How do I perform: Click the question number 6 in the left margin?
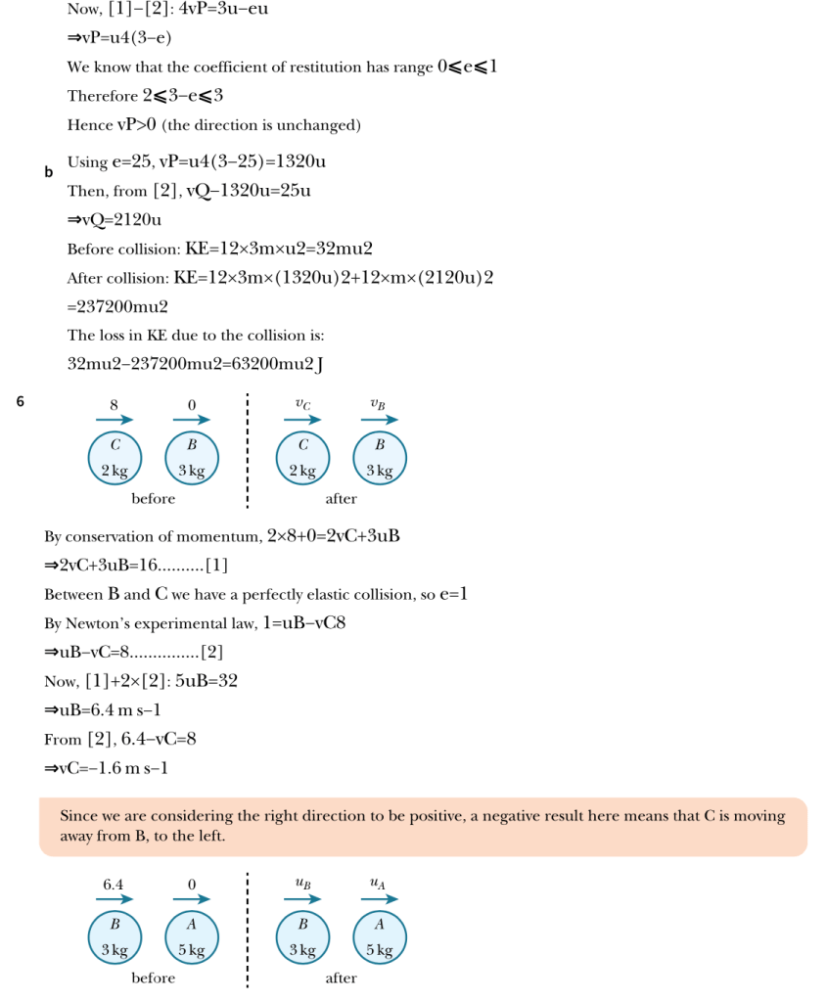pos(21,400)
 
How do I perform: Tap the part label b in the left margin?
pos(48,172)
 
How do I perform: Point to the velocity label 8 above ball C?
pos(114,403)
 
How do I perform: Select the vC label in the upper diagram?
pos(303,403)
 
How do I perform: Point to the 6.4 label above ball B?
pos(114,885)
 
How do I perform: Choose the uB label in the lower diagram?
pos(303,884)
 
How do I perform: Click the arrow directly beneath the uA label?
pos(380,899)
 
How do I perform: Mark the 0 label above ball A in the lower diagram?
pos(192,885)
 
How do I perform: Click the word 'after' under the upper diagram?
pos(341,499)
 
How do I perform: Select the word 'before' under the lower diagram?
pos(154,978)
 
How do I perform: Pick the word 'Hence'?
pos(89,125)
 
